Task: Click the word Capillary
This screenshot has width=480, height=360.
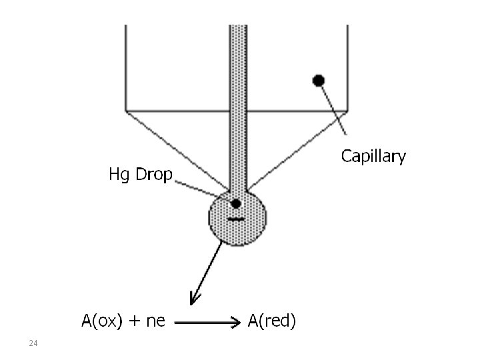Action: point(373,157)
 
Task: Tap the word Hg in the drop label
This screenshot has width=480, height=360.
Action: point(119,175)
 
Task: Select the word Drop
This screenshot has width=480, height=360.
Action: point(153,175)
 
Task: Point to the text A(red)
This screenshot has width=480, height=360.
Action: point(272,322)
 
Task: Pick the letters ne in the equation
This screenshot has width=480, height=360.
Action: point(155,323)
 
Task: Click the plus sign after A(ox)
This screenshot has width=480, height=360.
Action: point(135,322)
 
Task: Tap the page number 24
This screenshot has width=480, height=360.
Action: point(33,343)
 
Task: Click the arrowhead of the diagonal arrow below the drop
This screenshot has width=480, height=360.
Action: point(195,298)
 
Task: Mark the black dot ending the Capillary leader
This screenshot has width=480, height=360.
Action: point(319,81)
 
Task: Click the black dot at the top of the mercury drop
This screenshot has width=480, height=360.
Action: point(235,203)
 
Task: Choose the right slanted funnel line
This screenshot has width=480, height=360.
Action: point(299,149)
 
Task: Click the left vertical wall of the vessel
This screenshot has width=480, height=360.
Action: point(126,67)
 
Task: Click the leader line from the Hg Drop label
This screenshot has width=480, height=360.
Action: point(200,190)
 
